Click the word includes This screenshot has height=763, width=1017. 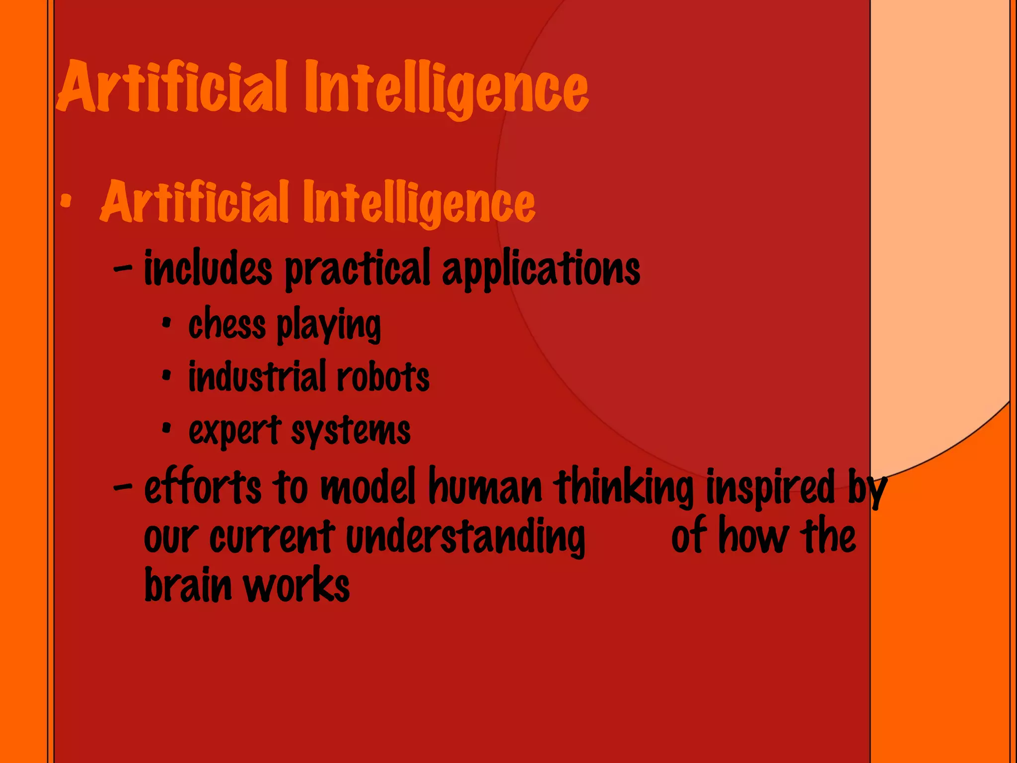(208, 269)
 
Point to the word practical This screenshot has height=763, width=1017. (357, 270)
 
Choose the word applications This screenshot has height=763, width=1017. (541, 270)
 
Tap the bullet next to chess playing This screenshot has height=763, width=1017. (166, 324)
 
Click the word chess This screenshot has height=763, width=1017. (227, 325)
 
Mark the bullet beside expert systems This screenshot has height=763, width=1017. (166, 428)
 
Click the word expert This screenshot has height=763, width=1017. (235, 431)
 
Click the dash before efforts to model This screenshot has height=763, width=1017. (123, 487)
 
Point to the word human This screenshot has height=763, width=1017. (485, 487)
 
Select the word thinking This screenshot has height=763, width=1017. (624, 487)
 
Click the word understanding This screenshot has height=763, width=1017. (465, 538)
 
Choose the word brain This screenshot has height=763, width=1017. (188, 585)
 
